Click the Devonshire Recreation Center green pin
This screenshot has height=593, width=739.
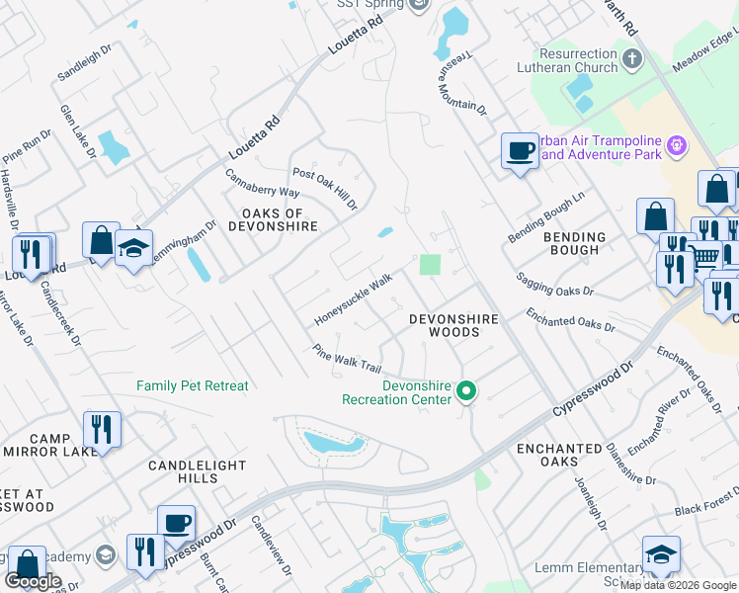click(468, 392)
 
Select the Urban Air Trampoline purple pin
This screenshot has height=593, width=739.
click(676, 147)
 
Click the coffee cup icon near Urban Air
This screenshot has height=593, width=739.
click(520, 152)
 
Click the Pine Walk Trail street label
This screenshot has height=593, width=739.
click(347, 359)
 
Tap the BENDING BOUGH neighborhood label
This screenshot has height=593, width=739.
click(574, 243)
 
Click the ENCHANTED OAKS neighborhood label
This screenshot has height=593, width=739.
click(559, 455)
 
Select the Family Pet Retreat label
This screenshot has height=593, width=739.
click(193, 385)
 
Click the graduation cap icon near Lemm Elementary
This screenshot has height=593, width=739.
click(661, 554)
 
